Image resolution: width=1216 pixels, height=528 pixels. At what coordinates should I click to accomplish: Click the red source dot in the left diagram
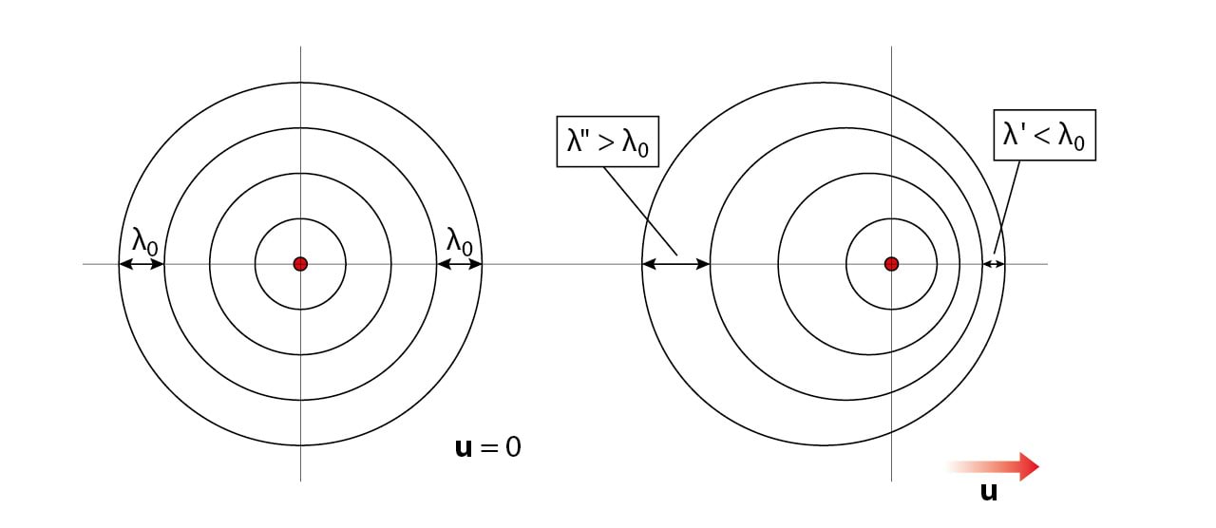click(x=300, y=264)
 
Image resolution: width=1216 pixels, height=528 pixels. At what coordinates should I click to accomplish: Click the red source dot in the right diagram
click(x=891, y=264)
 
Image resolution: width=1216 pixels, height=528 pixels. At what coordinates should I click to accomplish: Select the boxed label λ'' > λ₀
click(x=607, y=141)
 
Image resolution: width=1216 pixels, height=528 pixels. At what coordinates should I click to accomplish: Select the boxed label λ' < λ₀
click(x=1044, y=135)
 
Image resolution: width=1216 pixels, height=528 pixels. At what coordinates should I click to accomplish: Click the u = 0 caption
click(x=488, y=446)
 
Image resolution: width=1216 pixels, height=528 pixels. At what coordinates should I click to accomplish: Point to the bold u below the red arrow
click(x=988, y=492)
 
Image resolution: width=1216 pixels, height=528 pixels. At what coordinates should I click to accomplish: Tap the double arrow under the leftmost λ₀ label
click(x=142, y=264)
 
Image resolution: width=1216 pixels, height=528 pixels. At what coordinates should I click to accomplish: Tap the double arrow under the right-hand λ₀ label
click(x=460, y=264)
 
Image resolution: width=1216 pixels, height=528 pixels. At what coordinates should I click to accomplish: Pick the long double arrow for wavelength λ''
click(x=676, y=264)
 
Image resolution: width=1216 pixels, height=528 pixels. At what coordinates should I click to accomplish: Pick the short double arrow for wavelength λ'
click(x=995, y=264)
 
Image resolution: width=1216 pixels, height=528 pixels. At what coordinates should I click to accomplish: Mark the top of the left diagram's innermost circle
click(x=300, y=218)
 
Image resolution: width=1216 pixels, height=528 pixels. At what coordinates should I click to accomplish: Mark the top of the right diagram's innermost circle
click(x=891, y=218)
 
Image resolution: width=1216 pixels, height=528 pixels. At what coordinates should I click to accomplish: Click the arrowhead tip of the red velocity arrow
click(x=1038, y=466)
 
